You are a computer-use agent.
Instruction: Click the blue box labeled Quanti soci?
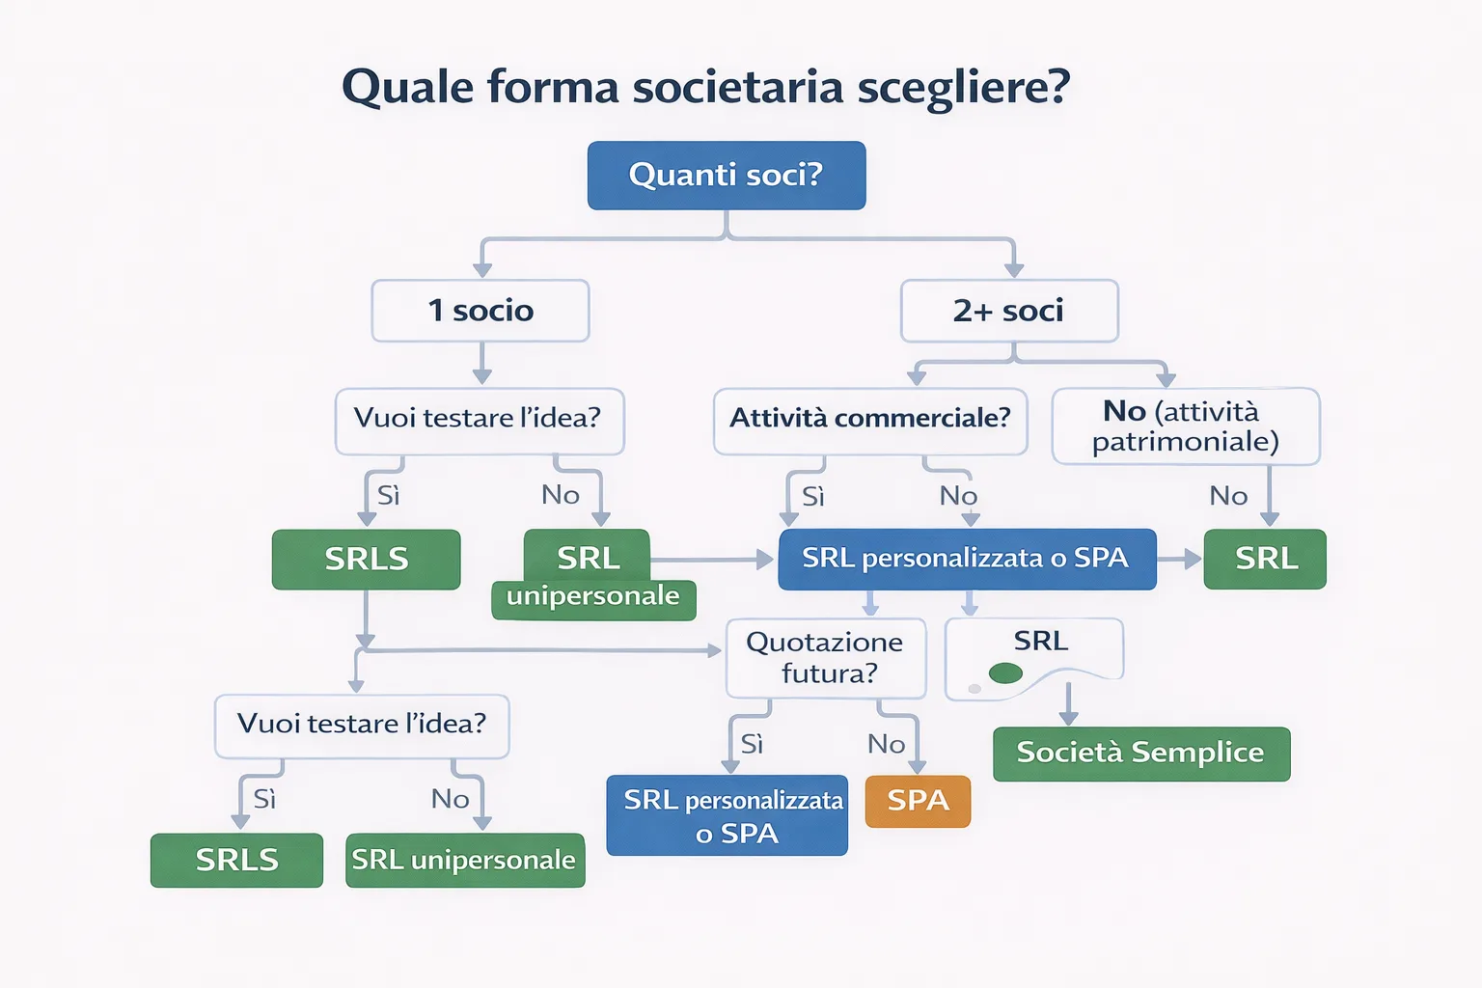(x=726, y=175)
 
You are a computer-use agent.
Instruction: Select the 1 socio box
(x=480, y=311)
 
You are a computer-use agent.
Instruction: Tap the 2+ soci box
(x=1008, y=311)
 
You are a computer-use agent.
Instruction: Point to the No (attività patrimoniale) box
(x=1185, y=426)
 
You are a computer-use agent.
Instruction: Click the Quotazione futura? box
(x=825, y=658)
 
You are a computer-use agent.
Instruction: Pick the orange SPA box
(x=918, y=801)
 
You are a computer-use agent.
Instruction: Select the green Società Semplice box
(x=1140, y=754)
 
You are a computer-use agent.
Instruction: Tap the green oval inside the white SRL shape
(x=1005, y=673)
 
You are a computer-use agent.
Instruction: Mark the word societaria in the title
(x=738, y=88)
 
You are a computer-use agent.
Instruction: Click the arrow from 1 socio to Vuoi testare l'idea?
(x=481, y=365)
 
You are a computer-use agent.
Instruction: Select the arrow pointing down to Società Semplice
(x=1068, y=705)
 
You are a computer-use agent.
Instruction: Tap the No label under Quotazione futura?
(x=886, y=744)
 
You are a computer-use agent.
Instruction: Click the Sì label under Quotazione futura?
(x=752, y=744)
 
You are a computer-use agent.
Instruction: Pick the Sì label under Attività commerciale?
(x=812, y=497)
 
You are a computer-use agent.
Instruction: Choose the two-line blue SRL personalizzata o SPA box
(x=727, y=815)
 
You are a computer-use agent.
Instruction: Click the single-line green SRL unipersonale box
(x=465, y=860)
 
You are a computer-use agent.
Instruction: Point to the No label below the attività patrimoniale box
(x=1228, y=496)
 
